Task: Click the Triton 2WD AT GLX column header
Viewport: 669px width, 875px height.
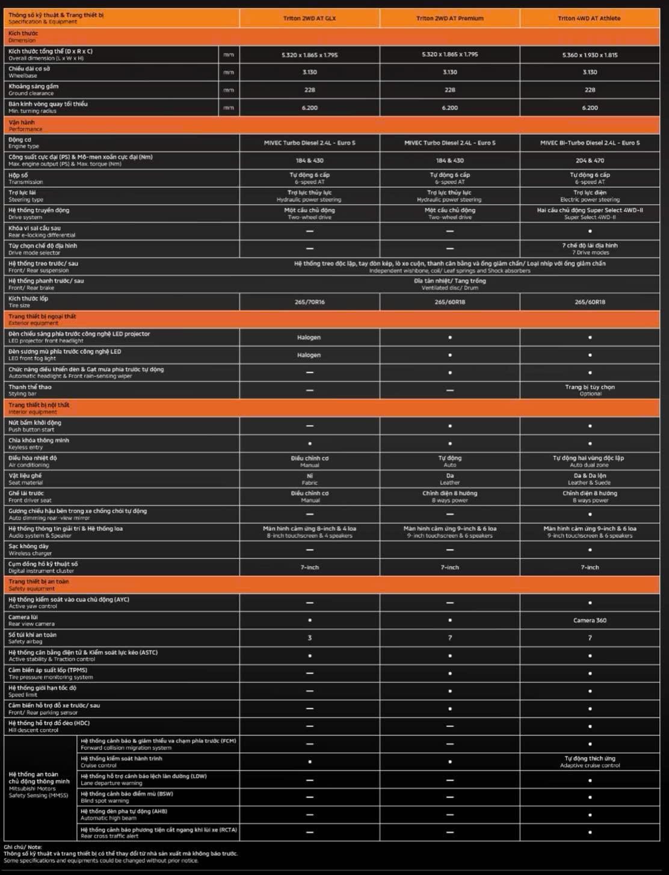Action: click(309, 19)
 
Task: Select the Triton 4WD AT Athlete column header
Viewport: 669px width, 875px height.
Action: click(589, 19)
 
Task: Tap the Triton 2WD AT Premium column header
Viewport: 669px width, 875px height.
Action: click(449, 19)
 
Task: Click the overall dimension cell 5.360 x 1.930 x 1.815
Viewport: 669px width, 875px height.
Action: click(590, 55)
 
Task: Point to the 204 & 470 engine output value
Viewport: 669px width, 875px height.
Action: click(590, 161)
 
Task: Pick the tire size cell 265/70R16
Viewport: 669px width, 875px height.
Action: click(309, 302)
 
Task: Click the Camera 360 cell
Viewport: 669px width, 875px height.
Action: click(590, 620)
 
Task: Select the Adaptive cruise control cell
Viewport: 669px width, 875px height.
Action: click(590, 762)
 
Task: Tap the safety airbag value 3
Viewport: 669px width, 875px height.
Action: click(309, 638)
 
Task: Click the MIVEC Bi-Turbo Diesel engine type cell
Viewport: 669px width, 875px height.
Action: click(590, 143)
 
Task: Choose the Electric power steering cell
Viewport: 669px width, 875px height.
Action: click(590, 196)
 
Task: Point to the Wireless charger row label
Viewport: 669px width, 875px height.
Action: click(29, 550)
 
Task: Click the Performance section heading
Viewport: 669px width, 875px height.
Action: click(25, 125)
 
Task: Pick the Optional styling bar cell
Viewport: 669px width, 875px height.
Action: click(590, 390)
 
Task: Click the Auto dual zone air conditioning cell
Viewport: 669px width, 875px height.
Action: click(590, 462)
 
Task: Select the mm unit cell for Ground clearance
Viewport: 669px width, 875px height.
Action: click(229, 90)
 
